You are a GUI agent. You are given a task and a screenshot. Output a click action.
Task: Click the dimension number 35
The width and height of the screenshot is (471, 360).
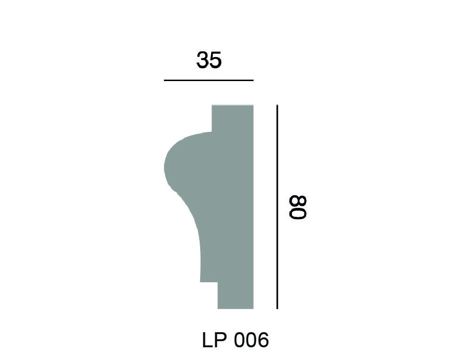pyautogui.click(x=209, y=60)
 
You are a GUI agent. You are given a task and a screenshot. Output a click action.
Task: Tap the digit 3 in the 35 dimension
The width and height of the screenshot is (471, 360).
pyautogui.click(x=203, y=60)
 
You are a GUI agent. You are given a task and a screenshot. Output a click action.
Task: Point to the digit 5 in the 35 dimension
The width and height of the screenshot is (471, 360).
pyautogui.click(x=215, y=60)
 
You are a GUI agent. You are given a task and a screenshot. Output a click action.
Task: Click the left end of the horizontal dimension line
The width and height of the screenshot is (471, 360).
pyautogui.click(x=164, y=81)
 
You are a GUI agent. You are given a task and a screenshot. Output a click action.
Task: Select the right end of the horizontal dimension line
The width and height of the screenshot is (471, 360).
pyautogui.click(x=253, y=81)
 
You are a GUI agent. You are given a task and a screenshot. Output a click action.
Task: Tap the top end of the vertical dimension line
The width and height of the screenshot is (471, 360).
pyautogui.click(x=277, y=106)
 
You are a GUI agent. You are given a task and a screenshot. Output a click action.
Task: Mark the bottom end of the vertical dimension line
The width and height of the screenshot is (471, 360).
pyautogui.click(x=277, y=309)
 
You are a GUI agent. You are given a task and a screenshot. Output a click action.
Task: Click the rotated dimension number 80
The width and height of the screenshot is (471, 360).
pyautogui.click(x=299, y=207)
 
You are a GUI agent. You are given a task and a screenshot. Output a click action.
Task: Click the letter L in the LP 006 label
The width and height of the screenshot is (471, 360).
pyautogui.click(x=207, y=340)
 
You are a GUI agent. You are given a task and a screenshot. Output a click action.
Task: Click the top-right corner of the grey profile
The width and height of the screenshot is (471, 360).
pyautogui.click(x=253, y=105)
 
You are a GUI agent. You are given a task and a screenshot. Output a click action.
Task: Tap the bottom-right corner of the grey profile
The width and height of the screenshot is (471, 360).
pyautogui.click(x=253, y=309)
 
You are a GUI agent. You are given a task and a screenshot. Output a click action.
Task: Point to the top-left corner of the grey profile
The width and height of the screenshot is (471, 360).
pyautogui.click(x=212, y=105)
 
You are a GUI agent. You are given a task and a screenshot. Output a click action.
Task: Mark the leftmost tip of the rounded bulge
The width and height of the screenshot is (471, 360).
pyautogui.click(x=164, y=168)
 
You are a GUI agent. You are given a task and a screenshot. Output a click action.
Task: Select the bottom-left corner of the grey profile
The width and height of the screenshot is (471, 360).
pyautogui.click(x=218, y=309)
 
